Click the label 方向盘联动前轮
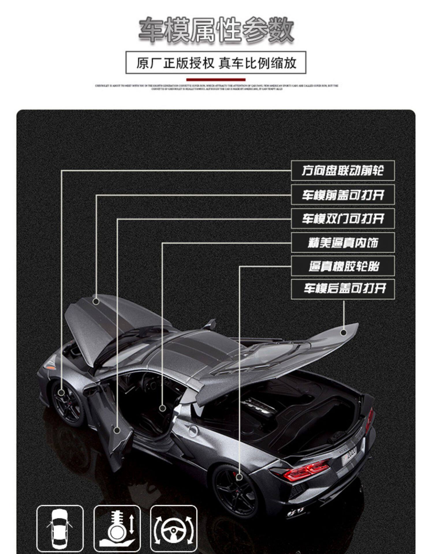343,171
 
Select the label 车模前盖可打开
343,195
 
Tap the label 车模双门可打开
343,219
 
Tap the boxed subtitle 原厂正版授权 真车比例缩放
216,63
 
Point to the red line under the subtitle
216,80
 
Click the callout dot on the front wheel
61,392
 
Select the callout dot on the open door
117,430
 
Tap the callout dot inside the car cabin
163,408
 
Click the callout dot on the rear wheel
239,477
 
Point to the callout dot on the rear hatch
344,332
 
